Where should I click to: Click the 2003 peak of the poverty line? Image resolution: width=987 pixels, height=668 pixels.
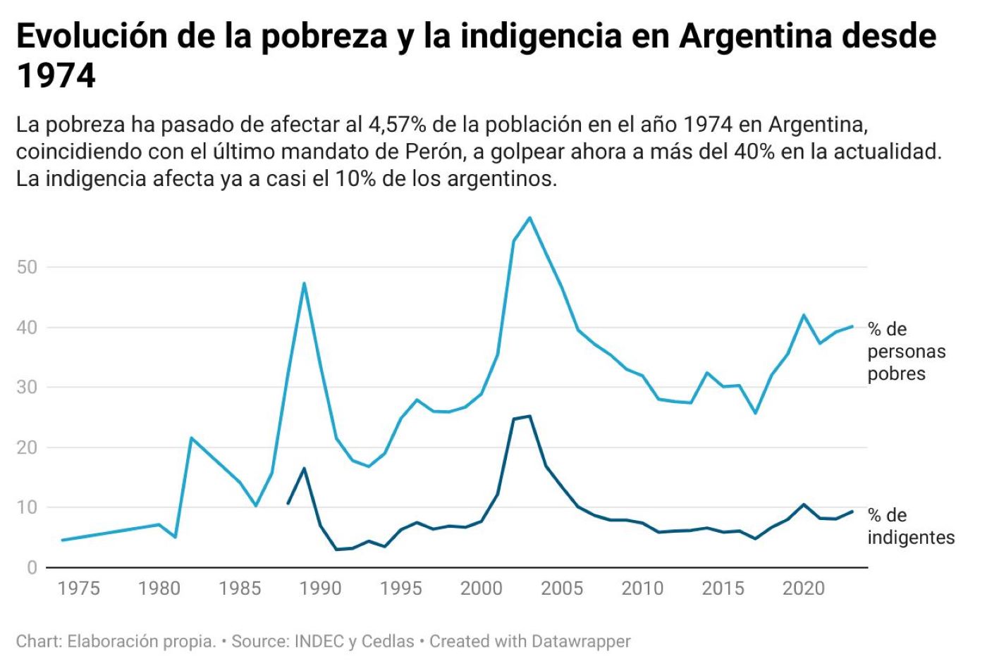click(x=529, y=217)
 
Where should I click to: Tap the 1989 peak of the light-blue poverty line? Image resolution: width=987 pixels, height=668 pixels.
click(x=304, y=283)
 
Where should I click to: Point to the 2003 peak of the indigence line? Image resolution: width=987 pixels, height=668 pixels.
click(x=529, y=416)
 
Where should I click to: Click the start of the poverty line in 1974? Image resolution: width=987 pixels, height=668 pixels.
click(x=63, y=540)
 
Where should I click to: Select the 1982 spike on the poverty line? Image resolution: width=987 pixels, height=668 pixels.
click(x=191, y=438)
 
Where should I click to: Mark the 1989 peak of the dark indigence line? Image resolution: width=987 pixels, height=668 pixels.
click(x=304, y=468)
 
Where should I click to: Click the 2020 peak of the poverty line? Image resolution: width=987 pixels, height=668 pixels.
click(x=804, y=315)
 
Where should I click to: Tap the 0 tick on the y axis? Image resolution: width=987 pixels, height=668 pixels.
click(x=32, y=567)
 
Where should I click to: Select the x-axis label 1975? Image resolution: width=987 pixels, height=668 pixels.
click(x=78, y=588)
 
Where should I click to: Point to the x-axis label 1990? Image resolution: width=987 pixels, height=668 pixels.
click(x=320, y=588)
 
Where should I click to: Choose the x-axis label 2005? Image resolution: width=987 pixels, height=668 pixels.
click(x=562, y=588)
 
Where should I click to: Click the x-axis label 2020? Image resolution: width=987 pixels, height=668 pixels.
click(x=803, y=588)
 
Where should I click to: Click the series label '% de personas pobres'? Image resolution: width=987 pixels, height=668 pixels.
click(x=906, y=351)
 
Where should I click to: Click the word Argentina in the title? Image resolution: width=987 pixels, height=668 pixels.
click(x=755, y=37)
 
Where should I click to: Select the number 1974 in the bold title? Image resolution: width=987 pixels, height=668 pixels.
click(x=56, y=76)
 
